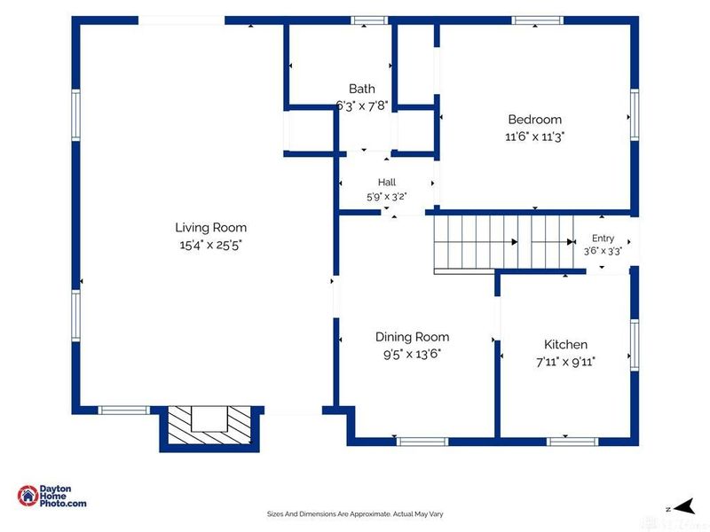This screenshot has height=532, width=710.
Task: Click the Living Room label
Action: pyautogui.click(x=210, y=228)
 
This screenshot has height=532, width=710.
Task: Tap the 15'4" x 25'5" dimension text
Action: pyautogui.click(x=210, y=246)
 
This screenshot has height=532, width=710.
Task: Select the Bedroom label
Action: pyautogui.click(x=535, y=120)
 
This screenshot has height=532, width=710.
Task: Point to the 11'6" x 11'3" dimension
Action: pyautogui.click(x=535, y=137)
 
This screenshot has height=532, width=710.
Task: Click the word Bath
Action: pyautogui.click(x=362, y=89)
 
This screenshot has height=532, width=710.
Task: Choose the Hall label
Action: pyautogui.click(x=387, y=183)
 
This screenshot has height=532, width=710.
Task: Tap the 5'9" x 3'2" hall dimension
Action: pyautogui.click(x=387, y=197)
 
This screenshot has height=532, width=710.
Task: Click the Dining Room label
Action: pyautogui.click(x=412, y=337)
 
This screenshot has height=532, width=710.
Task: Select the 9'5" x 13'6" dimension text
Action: pyautogui.click(x=412, y=354)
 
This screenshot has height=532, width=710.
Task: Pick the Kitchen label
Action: pyautogui.click(x=565, y=345)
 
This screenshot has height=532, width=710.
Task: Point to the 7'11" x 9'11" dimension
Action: pyautogui.click(x=565, y=362)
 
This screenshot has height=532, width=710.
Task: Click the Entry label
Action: pyautogui.click(x=603, y=239)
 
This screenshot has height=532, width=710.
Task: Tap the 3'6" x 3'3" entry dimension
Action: pyautogui.click(x=603, y=251)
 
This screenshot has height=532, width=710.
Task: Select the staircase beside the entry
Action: pyautogui.click(x=503, y=243)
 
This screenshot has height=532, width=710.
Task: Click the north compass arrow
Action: pyautogui.click(x=685, y=506)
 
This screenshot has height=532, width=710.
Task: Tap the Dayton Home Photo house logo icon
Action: pyautogui.click(x=28, y=496)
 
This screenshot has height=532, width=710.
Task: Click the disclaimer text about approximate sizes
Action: pyautogui.click(x=355, y=514)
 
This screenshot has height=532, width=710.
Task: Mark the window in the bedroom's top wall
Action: pyautogui.click(x=538, y=20)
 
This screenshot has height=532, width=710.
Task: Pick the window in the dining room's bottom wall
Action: pyautogui.click(x=422, y=442)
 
